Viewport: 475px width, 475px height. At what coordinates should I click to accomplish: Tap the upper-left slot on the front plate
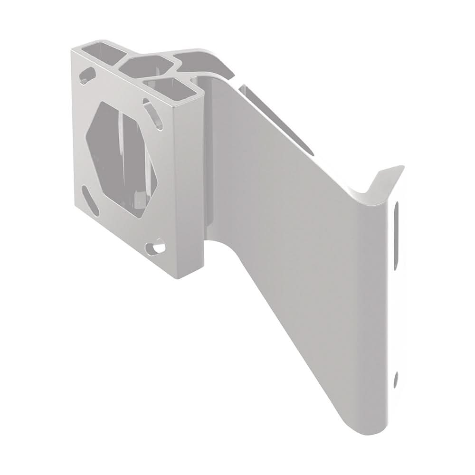[x=88, y=75]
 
